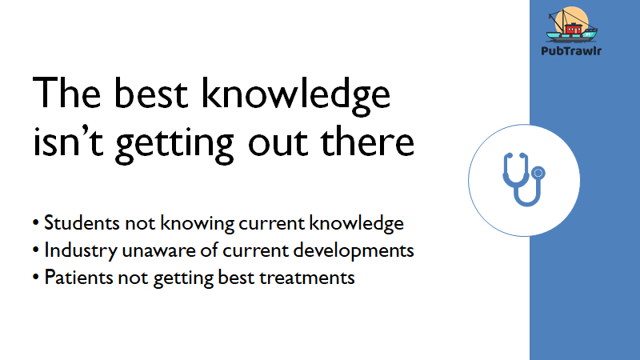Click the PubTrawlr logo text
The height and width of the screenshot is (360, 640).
[571, 51]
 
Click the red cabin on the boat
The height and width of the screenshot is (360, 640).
[573, 29]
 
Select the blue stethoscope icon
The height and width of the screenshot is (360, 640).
[524, 179]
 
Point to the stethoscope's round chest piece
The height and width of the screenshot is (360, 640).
[538, 173]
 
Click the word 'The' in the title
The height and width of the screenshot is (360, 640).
[66, 93]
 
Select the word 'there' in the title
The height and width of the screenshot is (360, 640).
[367, 141]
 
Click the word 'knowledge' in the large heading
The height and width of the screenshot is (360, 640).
[296, 97]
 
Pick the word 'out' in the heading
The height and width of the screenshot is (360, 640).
[278, 143]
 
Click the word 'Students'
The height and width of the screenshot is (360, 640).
[82, 223]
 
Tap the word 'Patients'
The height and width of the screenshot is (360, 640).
[78, 278]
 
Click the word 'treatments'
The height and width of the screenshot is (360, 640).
[307, 278]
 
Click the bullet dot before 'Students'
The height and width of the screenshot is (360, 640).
[36, 223]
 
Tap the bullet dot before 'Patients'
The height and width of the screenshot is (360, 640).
[36, 278]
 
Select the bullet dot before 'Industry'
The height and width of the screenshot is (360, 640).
[36, 250]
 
